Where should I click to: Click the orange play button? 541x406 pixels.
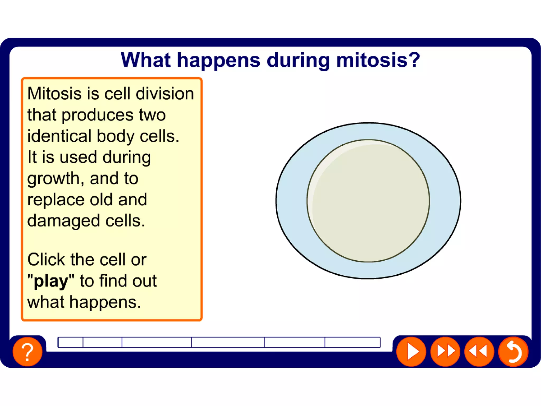pos(411,352)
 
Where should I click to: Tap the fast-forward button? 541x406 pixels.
pos(445,352)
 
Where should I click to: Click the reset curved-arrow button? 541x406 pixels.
pos(513,352)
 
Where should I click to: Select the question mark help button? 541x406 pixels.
pos(27,352)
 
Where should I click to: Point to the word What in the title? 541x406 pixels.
pos(146,60)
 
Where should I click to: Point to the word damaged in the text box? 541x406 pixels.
pos(64,221)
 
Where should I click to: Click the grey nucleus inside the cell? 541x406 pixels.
pos(368,201)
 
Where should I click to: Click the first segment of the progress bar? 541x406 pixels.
pos(71,342)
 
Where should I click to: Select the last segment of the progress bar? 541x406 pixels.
pos(352,342)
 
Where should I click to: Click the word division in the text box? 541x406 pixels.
pos(165,94)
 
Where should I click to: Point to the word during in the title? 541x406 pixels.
pos(299,60)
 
